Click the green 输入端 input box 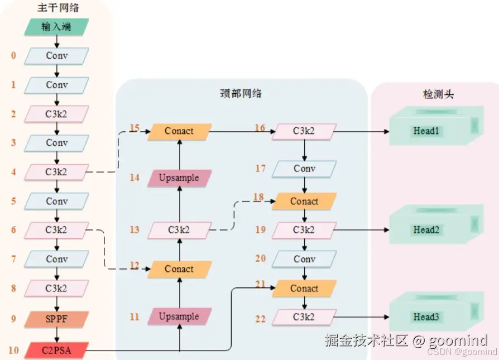pos(56,27)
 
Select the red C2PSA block pos(56,351)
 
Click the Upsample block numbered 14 pos(179,178)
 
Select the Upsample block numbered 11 pos(179,316)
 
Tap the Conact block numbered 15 pos(179,131)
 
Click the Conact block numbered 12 pos(179,269)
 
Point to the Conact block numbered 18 pos(304,201)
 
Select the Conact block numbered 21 pos(304,289)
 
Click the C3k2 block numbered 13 pos(179,229)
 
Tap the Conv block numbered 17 pos(304,169)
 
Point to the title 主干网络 pos(56,8)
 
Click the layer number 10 pos(13,351)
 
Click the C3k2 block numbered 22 pos(304,317)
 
